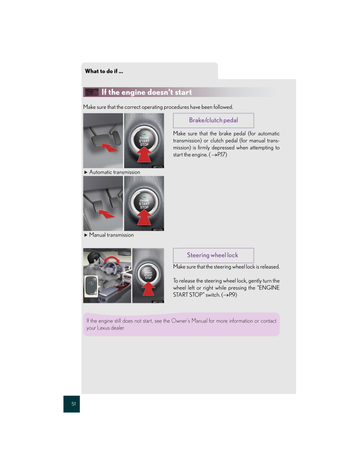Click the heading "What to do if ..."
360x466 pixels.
click(104, 71)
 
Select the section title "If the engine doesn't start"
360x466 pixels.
click(146, 93)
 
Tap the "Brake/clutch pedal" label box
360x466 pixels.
click(213, 120)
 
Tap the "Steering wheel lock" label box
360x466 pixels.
click(213, 255)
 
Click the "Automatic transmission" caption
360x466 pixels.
click(114, 172)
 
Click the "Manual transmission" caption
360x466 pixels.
click(111, 235)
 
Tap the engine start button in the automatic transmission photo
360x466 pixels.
click(144, 140)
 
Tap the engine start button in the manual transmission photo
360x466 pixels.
click(144, 203)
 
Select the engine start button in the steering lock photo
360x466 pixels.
click(148, 275)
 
